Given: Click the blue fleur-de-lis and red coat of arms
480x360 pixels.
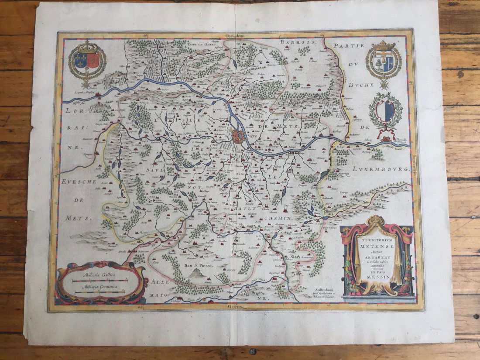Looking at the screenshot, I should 87,61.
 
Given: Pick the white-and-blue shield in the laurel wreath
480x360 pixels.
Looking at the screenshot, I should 385,111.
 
